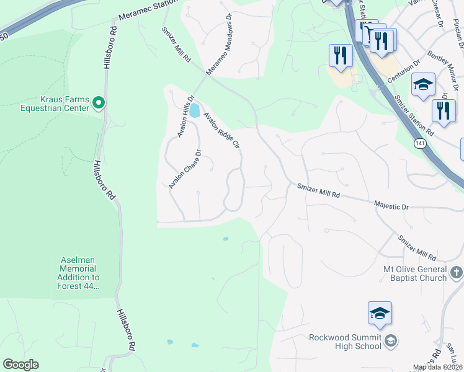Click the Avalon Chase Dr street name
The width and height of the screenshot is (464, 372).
click(185, 169)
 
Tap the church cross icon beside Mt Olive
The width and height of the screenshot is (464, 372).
click(456, 272)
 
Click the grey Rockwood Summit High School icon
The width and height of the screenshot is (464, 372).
click(391, 340)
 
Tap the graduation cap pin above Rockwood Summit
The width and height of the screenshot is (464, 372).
click(380, 313)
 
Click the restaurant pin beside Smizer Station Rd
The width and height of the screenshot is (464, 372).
click(443, 112)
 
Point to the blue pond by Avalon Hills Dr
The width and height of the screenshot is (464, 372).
click(194, 111)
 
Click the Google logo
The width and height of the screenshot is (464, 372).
click(20, 365)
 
